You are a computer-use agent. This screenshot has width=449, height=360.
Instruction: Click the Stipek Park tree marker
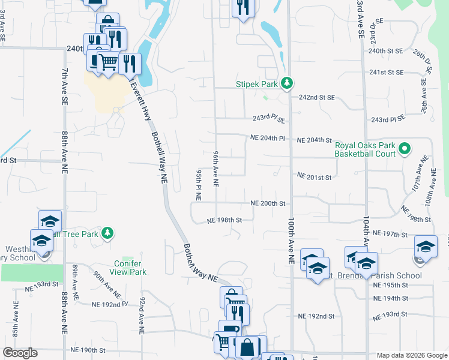[288, 83]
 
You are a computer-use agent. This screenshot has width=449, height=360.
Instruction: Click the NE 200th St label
[268, 203]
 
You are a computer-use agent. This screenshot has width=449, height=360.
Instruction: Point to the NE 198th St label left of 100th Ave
[224, 220]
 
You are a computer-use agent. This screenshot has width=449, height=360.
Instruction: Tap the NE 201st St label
[315, 177]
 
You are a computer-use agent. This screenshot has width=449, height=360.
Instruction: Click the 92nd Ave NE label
[142, 315]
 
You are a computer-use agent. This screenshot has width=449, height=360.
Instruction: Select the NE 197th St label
[390, 232]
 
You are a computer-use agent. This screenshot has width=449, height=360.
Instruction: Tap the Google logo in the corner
[20, 353]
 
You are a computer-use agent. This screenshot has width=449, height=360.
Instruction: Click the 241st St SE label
[387, 72]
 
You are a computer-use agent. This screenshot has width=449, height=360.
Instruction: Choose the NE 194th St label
[390, 298]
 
